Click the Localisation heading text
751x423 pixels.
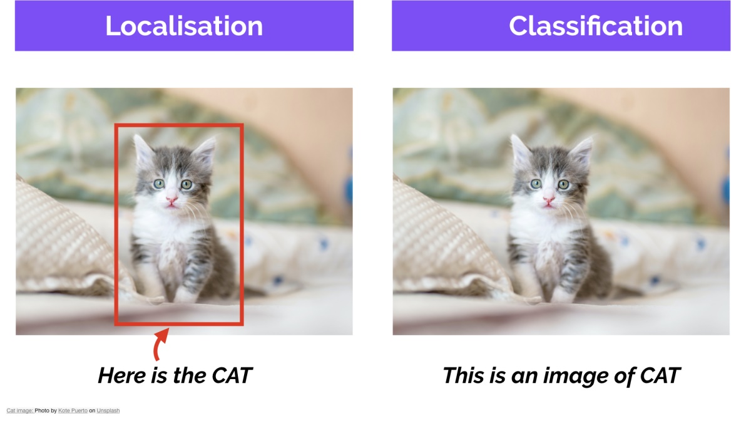(184, 26)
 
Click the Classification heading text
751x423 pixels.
(596, 26)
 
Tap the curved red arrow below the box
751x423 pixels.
(160, 345)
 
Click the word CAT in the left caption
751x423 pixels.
(232, 375)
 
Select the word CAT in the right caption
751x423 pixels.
(660, 375)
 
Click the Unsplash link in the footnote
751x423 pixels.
(108, 410)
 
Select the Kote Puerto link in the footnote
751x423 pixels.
(73, 410)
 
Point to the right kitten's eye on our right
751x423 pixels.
(564, 184)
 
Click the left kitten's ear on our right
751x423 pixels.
(205, 153)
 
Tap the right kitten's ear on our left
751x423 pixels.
(521, 151)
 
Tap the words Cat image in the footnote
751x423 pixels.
(19, 410)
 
